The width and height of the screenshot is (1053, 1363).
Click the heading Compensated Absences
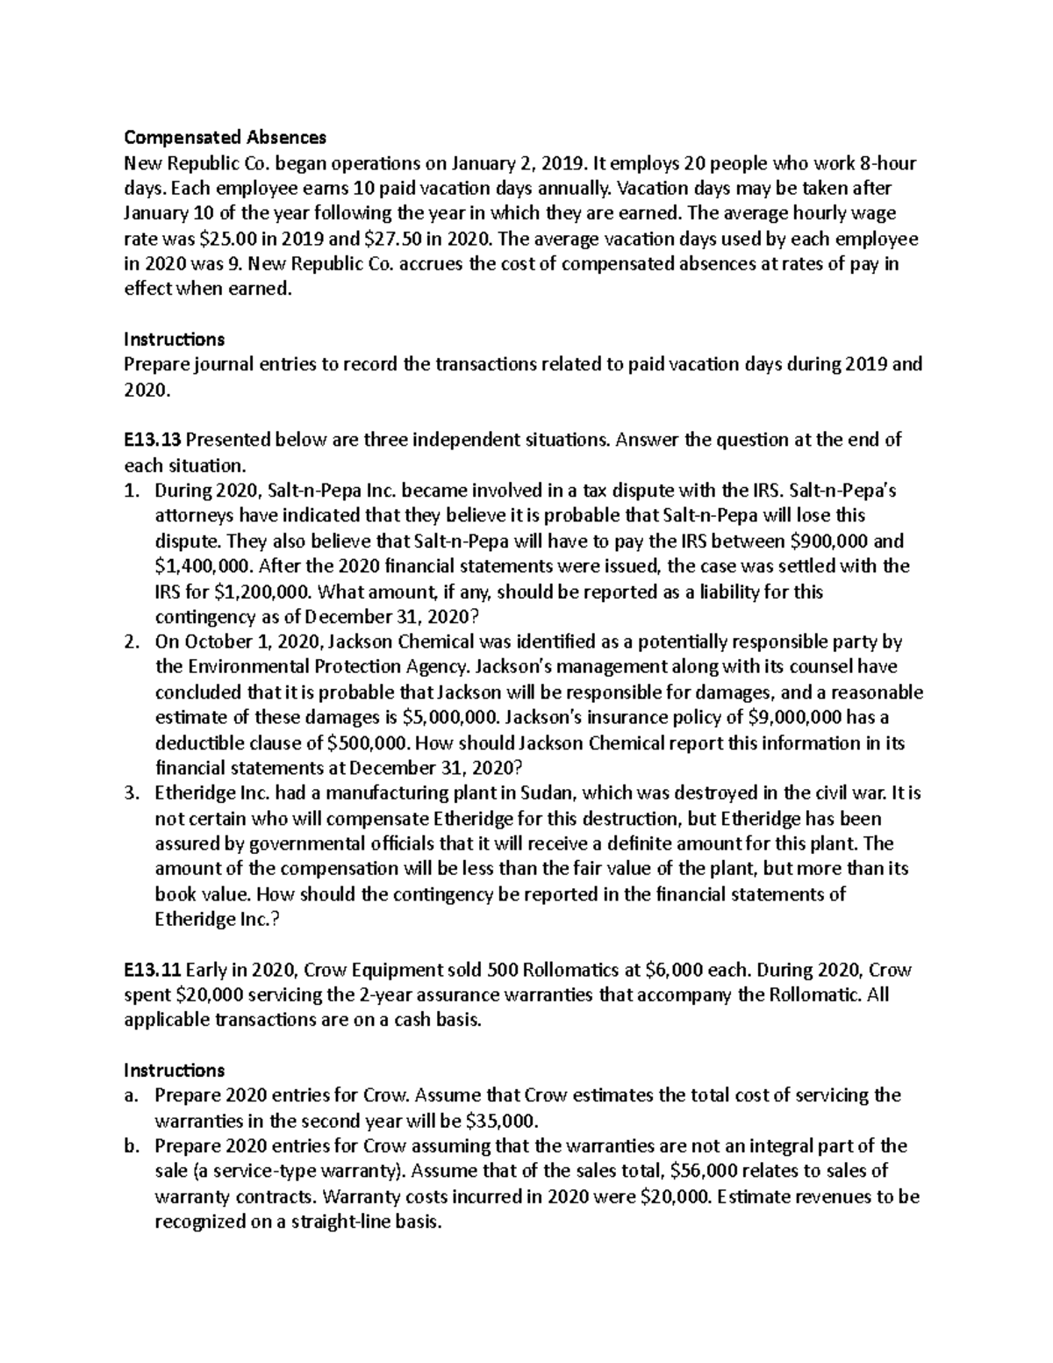(225, 137)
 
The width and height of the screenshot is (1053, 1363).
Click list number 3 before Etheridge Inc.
(132, 793)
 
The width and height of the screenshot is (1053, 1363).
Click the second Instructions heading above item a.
(174, 1071)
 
